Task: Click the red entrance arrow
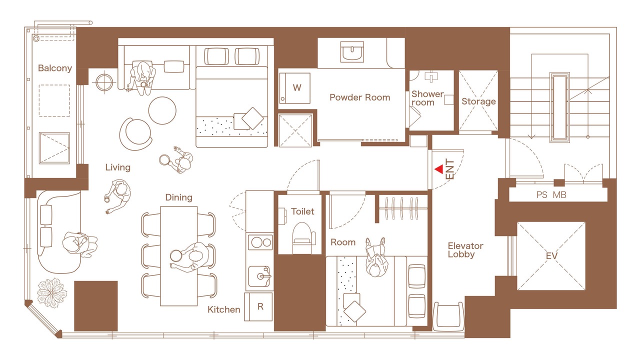click(x=439, y=169)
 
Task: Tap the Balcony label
click(x=55, y=68)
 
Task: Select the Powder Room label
click(x=359, y=97)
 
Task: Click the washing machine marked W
click(x=295, y=88)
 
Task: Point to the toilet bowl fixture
click(x=303, y=238)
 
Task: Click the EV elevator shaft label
click(x=551, y=255)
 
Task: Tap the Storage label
click(x=478, y=101)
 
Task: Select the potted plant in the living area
click(x=51, y=293)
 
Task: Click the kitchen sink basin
click(x=259, y=276)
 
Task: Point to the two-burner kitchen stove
click(x=260, y=242)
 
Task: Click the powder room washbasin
click(x=352, y=51)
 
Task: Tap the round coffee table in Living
click(x=162, y=110)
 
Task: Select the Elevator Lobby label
click(x=465, y=250)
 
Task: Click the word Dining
click(x=179, y=197)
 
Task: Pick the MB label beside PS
click(x=559, y=195)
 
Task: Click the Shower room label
click(x=427, y=98)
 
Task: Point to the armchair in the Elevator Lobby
click(x=448, y=316)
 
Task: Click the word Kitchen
click(x=223, y=309)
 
